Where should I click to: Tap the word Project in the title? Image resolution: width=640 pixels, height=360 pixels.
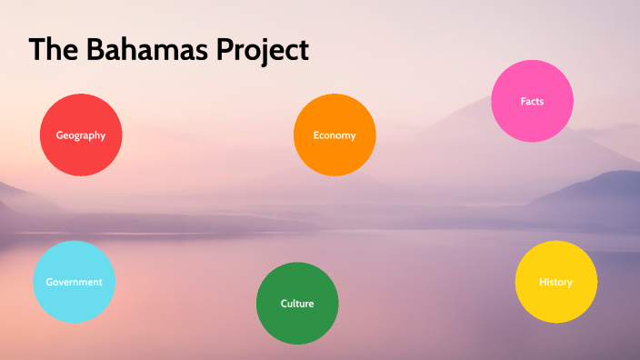[x=263, y=51]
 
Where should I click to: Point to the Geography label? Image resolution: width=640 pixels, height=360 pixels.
[x=81, y=135]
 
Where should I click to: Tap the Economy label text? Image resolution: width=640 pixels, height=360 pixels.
[x=334, y=135]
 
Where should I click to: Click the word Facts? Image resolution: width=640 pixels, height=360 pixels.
[x=532, y=101]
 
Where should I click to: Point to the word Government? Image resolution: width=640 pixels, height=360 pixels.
[x=74, y=282]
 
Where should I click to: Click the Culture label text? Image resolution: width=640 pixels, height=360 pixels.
[x=297, y=304]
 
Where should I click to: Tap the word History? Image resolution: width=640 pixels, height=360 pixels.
[x=555, y=282]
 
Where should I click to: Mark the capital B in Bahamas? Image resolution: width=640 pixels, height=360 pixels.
[x=97, y=50]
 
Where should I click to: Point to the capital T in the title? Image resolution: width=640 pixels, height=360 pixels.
[x=37, y=50]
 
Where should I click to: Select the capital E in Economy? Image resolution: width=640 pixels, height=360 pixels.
[x=316, y=135]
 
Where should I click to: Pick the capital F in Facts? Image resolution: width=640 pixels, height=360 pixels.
[x=523, y=101]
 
